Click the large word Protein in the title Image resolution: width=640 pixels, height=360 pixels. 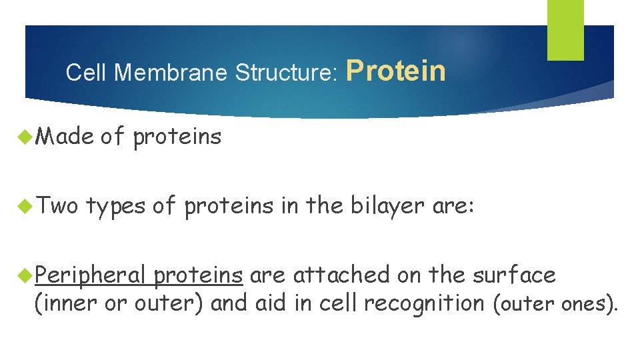396,70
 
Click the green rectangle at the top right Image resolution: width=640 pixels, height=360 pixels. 565,29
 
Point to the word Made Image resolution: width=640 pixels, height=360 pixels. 64,137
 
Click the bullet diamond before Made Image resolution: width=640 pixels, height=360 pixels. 27,137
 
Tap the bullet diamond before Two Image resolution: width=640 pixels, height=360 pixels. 27,206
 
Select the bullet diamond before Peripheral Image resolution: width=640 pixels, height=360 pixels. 27,274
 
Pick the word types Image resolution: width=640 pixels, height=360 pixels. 115,207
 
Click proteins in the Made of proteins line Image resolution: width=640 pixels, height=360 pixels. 177,137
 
